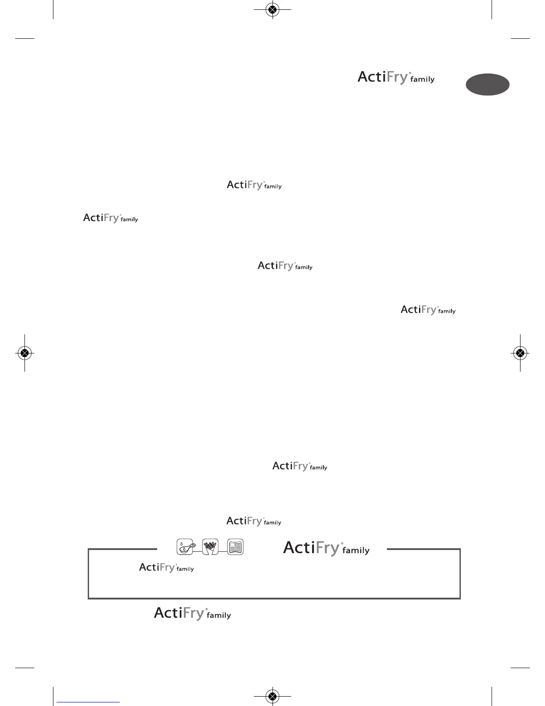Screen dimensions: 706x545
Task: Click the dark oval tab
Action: (488, 85)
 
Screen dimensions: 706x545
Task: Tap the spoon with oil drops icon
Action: (185, 547)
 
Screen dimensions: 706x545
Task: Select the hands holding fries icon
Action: (210, 547)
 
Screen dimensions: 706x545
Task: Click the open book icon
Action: (236, 547)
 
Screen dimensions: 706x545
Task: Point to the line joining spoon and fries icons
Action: (198, 552)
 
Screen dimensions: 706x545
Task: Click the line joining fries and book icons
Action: (223, 552)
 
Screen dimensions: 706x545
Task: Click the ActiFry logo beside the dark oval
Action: (396, 78)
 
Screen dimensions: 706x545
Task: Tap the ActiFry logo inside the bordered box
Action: (166, 567)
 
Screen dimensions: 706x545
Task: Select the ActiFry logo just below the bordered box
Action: (192, 613)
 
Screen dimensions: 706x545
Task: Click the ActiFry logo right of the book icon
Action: (326, 548)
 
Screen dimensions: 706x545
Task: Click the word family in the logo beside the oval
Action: (422, 80)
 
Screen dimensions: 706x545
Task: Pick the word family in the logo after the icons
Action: (356, 550)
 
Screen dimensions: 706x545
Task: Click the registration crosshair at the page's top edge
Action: (272, 9)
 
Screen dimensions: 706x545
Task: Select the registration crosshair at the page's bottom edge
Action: (272, 696)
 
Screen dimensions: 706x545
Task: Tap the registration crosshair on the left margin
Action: (25, 353)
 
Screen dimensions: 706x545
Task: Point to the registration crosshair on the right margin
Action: (520, 353)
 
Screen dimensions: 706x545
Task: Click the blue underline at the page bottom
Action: (88, 702)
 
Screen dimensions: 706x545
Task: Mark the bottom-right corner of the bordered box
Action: (460, 598)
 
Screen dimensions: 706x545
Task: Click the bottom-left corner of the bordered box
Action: (89, 598)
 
